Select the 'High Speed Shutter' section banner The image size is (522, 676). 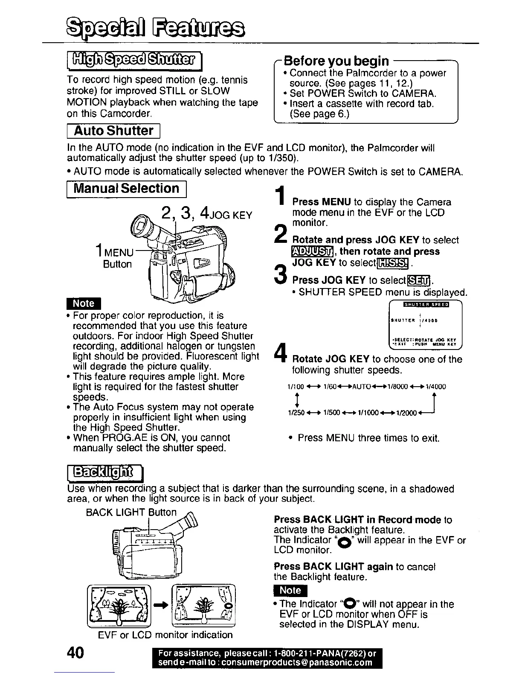(x=134, y=61)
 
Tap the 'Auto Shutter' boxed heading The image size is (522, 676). (x=113, y=131)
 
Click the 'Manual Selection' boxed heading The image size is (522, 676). (x=127, y=188)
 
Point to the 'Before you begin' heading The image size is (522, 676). (x=336, y=61)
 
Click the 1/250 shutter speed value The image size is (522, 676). (x=296, y=413)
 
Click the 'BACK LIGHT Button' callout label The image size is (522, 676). (x=131, y=512)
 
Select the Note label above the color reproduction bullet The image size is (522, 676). (x=83, y=303)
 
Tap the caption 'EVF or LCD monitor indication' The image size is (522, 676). (x=165, y=635)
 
